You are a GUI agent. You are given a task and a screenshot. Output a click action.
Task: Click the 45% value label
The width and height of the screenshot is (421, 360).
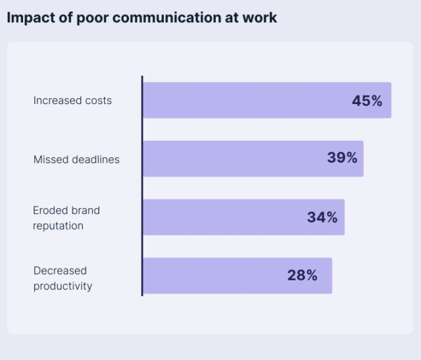(367, 101)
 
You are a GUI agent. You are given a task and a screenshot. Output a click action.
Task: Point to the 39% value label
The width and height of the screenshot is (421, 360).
(342, 158)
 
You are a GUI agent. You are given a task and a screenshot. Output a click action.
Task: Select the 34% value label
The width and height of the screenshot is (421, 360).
(322, 217)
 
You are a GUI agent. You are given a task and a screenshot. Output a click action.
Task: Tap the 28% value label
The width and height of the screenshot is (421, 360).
(302, 276)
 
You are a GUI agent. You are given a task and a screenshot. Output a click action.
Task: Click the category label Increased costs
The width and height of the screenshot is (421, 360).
(72, 101)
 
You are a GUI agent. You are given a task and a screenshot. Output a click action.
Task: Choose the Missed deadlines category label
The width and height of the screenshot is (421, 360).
(76, 159)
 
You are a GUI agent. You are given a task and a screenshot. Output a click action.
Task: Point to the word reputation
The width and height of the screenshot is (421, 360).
(58, 226)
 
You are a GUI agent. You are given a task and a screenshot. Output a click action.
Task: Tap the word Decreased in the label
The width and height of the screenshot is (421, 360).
(60, 270)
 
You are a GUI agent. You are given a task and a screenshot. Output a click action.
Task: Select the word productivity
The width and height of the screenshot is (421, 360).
(62, 286)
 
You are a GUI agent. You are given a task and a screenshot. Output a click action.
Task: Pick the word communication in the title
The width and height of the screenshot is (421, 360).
(170, 18)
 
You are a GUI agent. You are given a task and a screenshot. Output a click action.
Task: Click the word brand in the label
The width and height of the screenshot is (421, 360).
(85, 211)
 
